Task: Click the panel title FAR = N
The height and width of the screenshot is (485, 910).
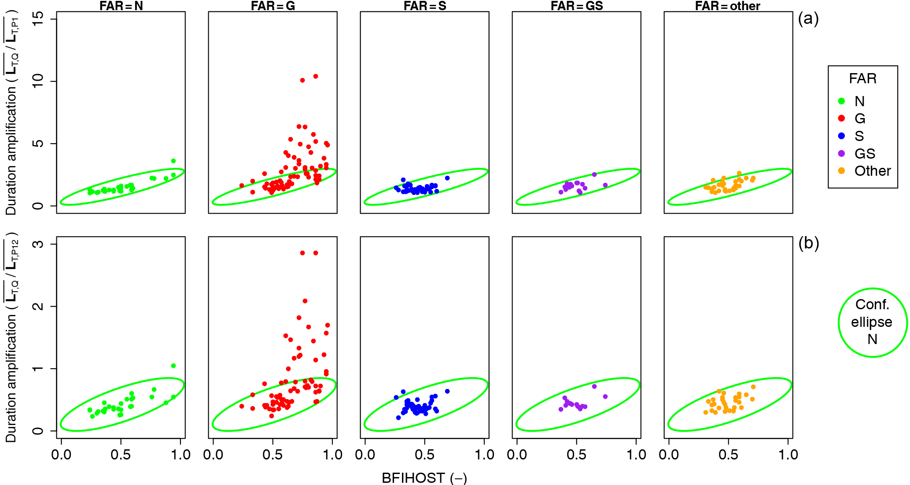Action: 121,6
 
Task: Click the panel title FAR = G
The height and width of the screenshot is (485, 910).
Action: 273,6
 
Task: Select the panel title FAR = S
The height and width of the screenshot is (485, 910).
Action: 425,6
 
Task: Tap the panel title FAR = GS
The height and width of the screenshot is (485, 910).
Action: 577,6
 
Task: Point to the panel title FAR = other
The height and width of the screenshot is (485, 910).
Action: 728,6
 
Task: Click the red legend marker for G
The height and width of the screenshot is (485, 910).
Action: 842,118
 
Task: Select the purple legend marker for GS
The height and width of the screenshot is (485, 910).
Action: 842,153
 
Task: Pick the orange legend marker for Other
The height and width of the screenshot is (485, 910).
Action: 842,170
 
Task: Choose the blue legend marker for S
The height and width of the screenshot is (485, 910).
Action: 842,136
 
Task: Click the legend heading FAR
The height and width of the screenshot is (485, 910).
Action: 862,78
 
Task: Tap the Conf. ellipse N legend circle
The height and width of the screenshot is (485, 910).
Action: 872,322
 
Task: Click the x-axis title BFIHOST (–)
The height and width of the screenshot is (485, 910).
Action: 424,478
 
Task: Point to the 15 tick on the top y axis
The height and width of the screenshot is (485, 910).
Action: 38,19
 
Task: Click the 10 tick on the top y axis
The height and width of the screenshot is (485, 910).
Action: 38,81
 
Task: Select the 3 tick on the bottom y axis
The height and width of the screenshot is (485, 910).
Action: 38,244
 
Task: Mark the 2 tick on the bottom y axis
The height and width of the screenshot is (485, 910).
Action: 38,306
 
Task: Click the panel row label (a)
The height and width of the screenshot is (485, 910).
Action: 808,19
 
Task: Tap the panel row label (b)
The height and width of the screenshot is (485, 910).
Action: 808,243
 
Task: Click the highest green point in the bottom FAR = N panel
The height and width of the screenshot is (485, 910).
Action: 173,366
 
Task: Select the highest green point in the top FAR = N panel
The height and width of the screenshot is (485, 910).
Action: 173,161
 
